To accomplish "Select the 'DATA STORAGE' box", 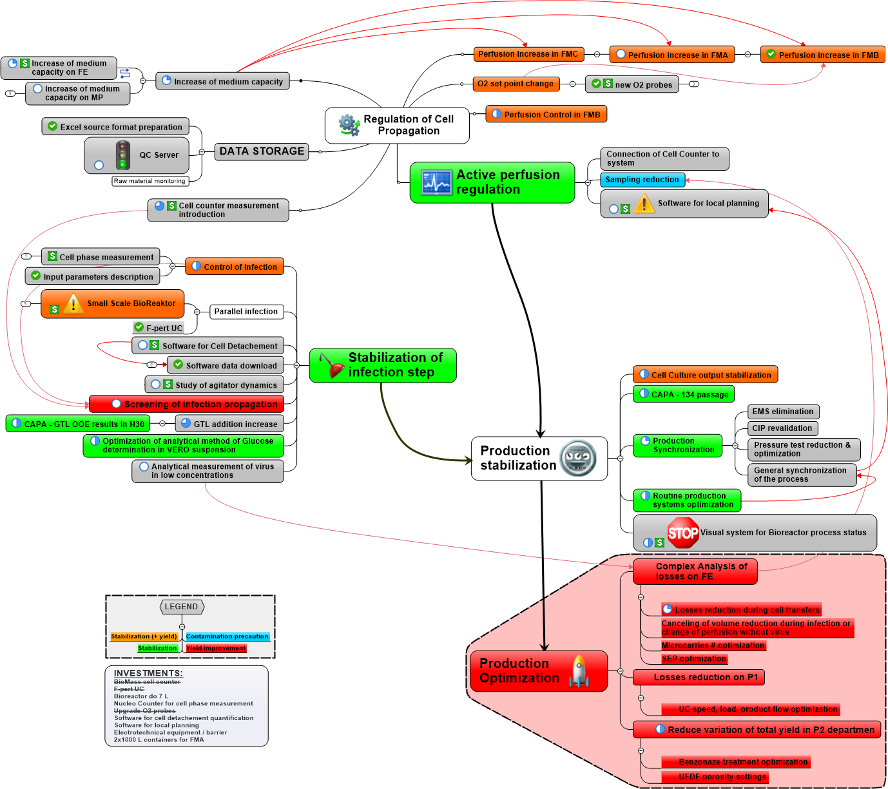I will click(261, 151).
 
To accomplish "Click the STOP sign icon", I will click(682, 533).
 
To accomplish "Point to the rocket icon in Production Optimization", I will click(579, 671).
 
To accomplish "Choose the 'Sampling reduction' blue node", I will click(642, 180).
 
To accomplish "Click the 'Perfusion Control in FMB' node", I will click(546, 115).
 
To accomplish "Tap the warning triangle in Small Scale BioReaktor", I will click(73, 303).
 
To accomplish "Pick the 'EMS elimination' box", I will click(782, 412).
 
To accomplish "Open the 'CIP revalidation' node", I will click(782, 428).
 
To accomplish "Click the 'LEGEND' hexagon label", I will click(181, 607).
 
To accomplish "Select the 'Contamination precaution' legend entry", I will click(227, 636).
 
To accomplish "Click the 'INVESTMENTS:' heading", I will click(148, 673).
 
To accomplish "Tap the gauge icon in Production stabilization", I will click(578, 459).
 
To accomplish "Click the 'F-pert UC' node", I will click(159, 328).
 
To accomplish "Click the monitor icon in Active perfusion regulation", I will click(437, 182).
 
